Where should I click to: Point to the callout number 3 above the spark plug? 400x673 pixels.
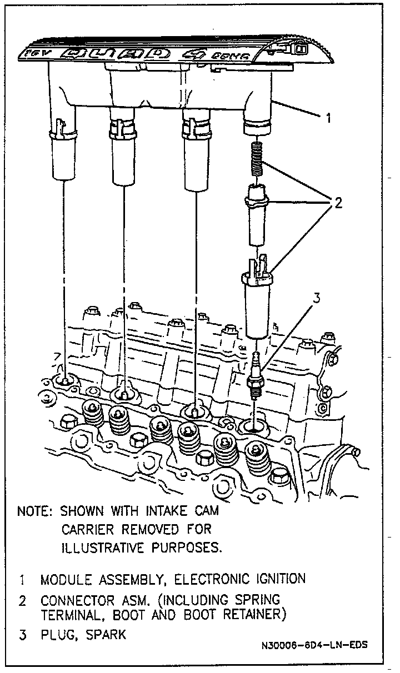point(316,298)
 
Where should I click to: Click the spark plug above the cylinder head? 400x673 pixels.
point(256,378)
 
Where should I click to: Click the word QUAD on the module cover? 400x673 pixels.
point(119,54)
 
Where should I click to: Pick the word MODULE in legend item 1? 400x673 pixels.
point(64,580)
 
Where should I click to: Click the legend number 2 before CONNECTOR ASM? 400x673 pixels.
point(22,601)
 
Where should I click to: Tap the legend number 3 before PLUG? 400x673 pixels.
point(22,634)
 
